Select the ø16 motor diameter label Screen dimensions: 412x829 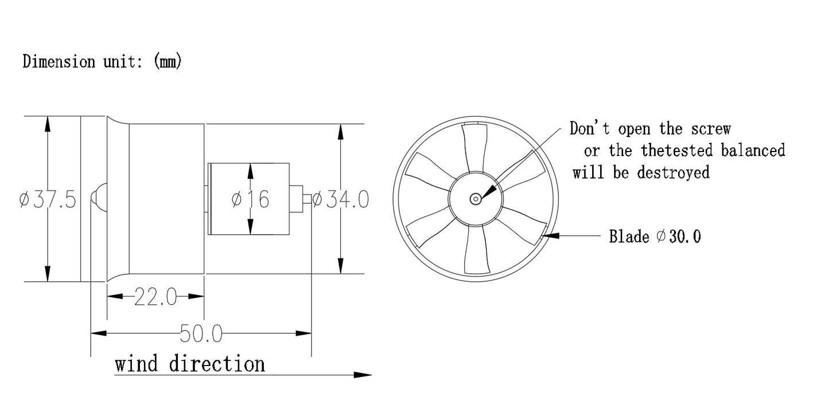250,199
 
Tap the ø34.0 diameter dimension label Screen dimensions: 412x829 341,199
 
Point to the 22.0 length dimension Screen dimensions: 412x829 155,297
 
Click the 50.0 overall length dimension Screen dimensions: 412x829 201,333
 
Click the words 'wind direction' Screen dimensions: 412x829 190,364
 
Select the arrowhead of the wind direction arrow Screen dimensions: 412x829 363,375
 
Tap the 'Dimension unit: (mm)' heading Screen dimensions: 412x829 102,61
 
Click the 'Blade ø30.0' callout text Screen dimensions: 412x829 655,236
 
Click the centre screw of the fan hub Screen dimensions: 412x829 475,199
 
